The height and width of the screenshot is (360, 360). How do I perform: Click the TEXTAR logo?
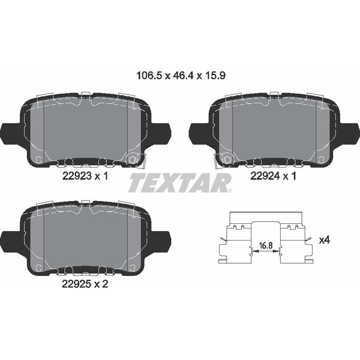[180, 183]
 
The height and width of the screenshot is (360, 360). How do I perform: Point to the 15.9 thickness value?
[215, 76]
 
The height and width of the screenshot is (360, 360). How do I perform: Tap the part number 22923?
[77, 176]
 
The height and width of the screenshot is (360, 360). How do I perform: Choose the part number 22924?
[265, 176]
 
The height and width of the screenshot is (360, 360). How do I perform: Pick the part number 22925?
[77, 284]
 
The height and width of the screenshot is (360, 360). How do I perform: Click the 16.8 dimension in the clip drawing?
[266, 245]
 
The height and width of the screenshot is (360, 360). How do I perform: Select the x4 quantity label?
[325, 240]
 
